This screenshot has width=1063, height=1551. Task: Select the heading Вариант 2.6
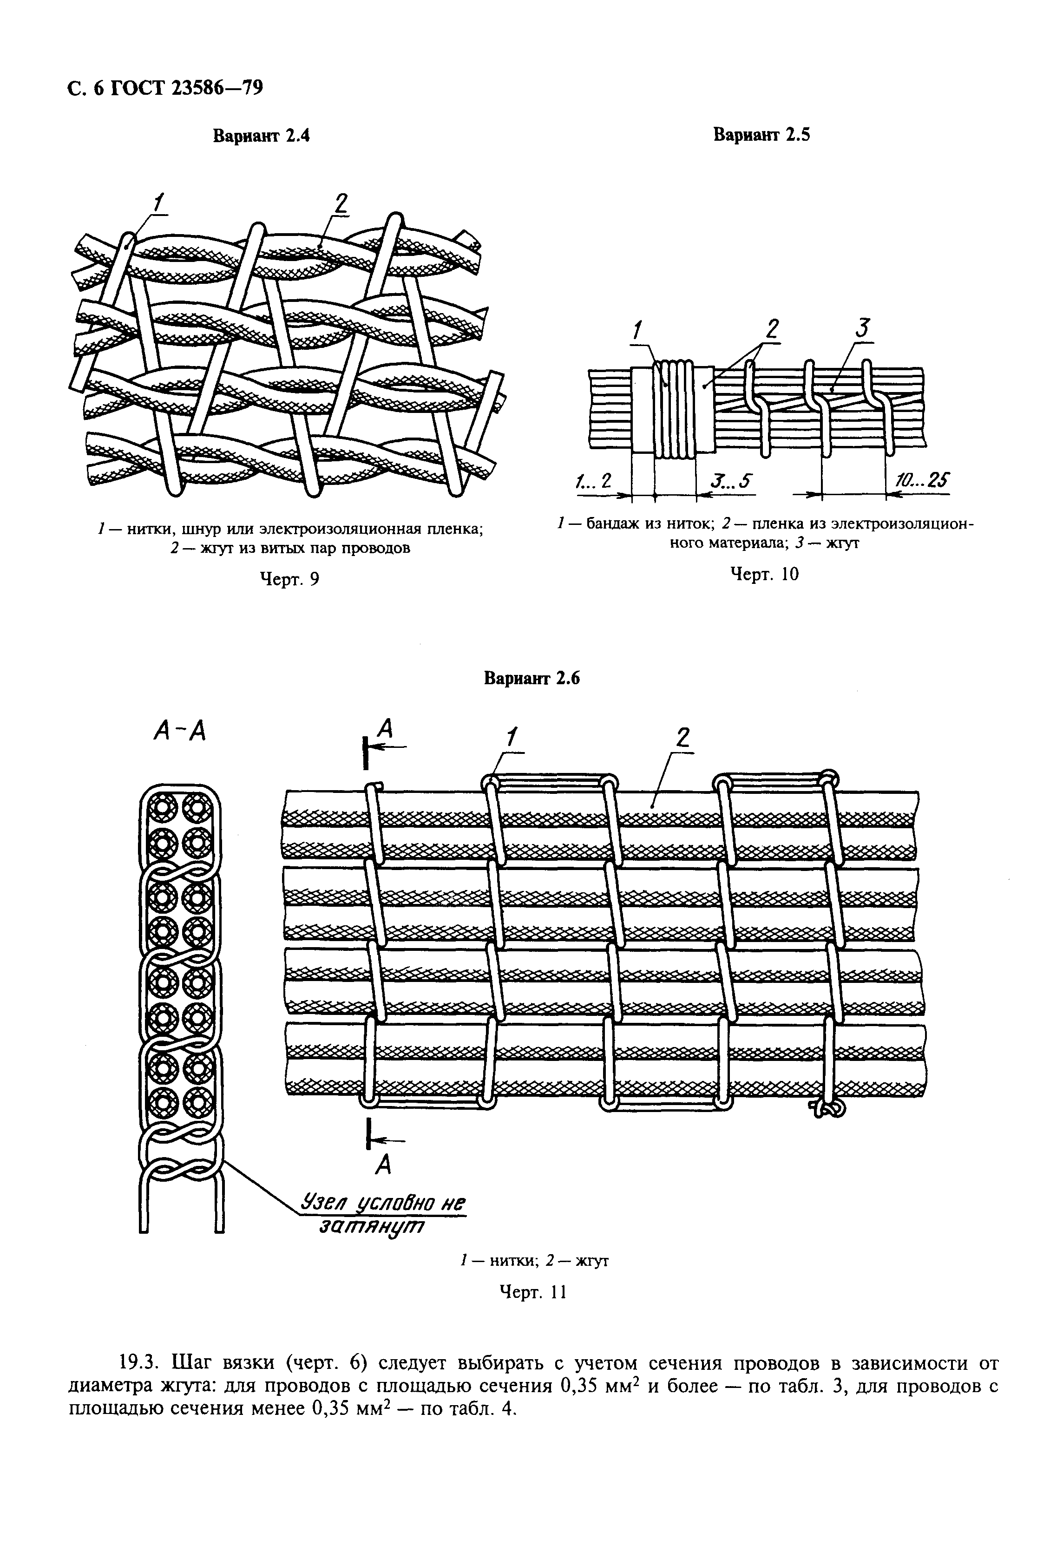532,679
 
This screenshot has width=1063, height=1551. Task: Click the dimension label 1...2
594,481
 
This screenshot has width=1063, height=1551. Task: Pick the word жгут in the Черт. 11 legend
591,1261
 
